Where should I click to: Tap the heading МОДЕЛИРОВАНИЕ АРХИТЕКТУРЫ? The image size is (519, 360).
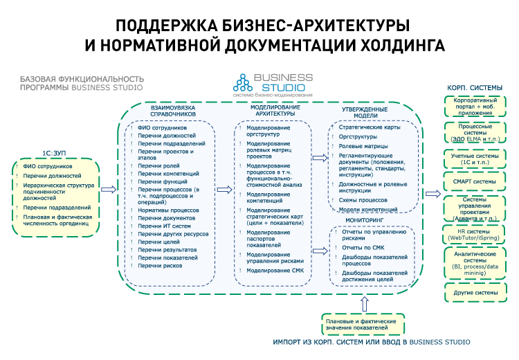275,111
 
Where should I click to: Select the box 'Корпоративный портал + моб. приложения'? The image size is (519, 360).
474,105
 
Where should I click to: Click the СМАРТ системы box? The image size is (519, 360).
474,182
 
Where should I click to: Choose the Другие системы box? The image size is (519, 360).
474,273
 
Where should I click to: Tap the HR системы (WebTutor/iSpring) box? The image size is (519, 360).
474,235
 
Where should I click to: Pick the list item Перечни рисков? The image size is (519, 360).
160,265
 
